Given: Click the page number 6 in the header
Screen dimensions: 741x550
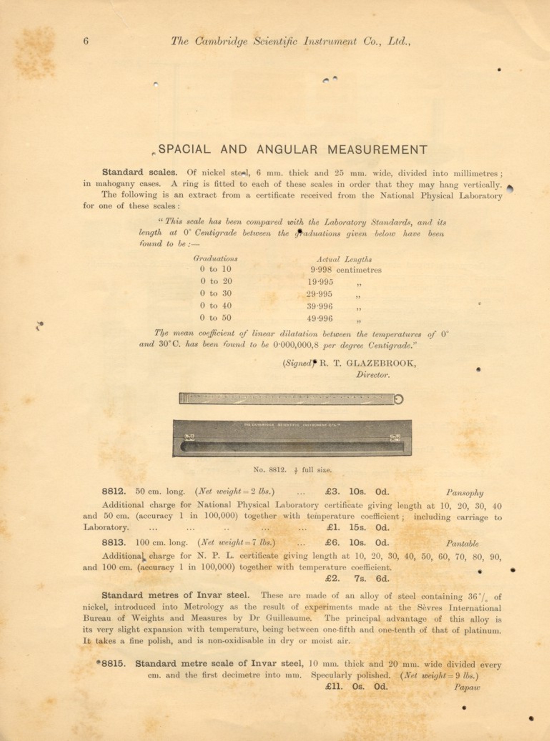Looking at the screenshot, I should click(86, 41).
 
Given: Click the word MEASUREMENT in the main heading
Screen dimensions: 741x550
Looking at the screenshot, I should click(377, 149).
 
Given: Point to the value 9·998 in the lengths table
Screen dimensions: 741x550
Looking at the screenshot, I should click(321, 270).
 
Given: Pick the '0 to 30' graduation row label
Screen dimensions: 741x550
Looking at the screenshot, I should click(216, 294).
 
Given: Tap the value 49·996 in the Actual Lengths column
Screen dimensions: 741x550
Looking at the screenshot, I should click(319, 318).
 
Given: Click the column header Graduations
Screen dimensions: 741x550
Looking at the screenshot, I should click(215, 259).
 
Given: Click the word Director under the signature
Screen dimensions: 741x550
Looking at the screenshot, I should click(373, 375).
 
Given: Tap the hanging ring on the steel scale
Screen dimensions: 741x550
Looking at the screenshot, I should click(399, 399).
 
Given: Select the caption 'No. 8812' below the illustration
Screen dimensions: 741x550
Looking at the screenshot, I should click(270, 470).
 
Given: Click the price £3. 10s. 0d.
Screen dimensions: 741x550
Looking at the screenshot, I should click(357, 492).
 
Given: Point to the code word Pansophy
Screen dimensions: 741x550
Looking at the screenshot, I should click(465, 493).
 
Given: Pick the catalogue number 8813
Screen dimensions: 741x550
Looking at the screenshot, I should click(114, 543).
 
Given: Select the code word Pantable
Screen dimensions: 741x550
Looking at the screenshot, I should click(462, 544).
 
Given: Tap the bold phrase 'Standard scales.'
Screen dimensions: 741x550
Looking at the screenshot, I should click(139, 172).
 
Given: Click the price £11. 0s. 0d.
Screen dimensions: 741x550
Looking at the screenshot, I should click(357, 687).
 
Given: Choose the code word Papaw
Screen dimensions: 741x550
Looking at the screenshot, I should click(467, 687).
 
